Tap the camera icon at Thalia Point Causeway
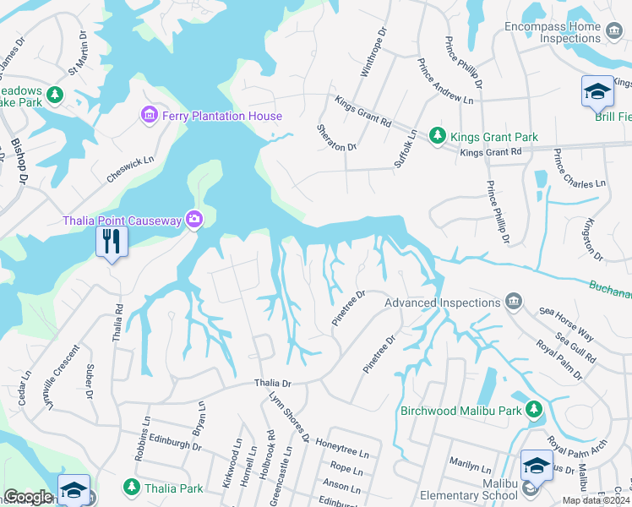195,220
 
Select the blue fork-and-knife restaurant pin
112,242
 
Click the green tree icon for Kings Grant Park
437,135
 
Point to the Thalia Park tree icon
131,487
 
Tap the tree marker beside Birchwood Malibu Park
533,410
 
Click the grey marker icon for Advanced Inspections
513,302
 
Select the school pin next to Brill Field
597,91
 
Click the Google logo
28,497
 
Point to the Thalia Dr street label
273,384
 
